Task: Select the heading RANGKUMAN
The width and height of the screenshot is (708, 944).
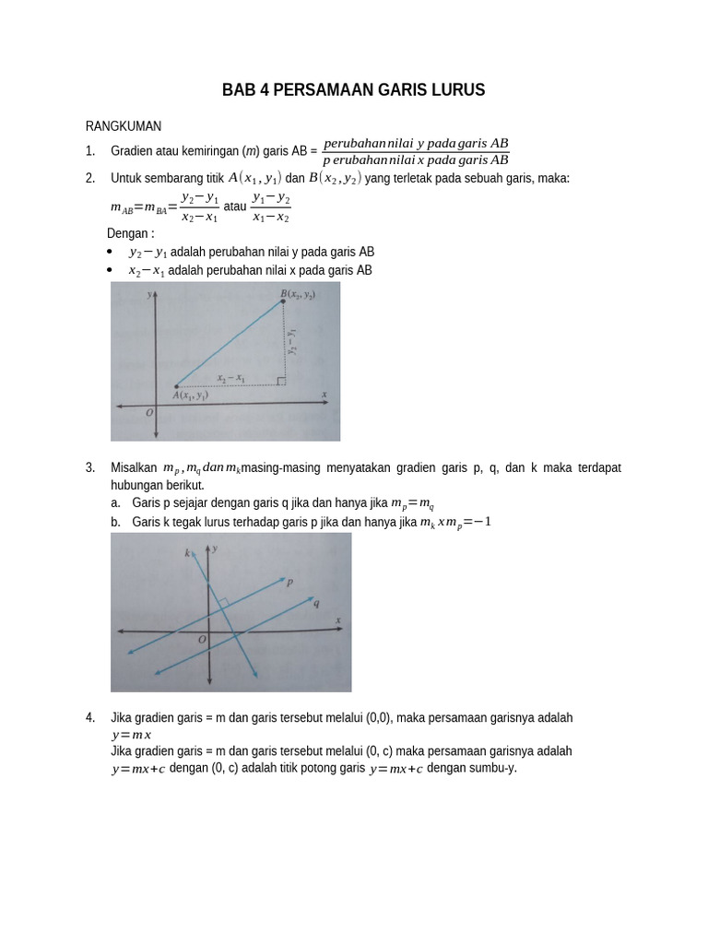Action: pos(124,126)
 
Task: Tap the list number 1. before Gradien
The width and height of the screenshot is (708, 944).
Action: pos(90,150)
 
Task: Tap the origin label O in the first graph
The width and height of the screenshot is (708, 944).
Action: pos(149,414)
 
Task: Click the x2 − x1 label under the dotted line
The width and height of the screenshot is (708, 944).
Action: pos(230,377)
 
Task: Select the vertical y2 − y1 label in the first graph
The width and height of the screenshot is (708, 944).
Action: pos(291,342)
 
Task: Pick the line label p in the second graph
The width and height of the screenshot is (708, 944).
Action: pos(289,582)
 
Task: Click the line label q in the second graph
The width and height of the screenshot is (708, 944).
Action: pos(316,603)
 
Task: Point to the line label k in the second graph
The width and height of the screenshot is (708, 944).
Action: pos(187,553)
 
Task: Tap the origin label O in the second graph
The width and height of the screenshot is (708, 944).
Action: pos(202,639)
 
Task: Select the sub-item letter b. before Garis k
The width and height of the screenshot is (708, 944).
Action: pos(115,522)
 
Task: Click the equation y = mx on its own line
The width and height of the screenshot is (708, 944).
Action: pos(131,735)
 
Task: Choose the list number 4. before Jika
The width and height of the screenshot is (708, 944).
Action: pos(90,717)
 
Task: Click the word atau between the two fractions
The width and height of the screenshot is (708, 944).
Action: pos(236,206)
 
